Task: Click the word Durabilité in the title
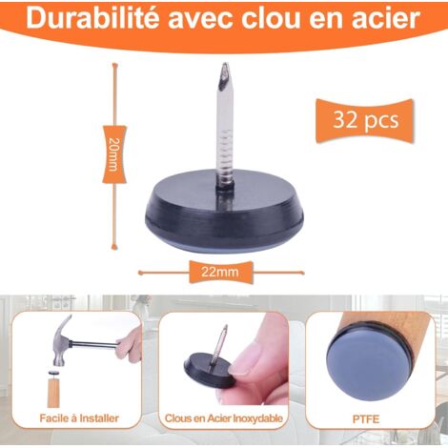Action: [93, 19]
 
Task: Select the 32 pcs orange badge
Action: [365, 121]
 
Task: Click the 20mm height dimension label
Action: [114, 154]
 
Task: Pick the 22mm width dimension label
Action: [220, 272]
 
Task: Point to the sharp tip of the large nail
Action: [226, 64]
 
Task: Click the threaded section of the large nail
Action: [225, 150]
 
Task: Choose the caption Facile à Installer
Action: [79, 418]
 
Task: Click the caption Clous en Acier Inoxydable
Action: [224, 418]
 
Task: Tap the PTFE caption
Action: [366, 419]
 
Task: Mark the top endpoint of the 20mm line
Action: [114, 65]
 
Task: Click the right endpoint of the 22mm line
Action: [302, 273]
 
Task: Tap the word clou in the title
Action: [270, 19]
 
